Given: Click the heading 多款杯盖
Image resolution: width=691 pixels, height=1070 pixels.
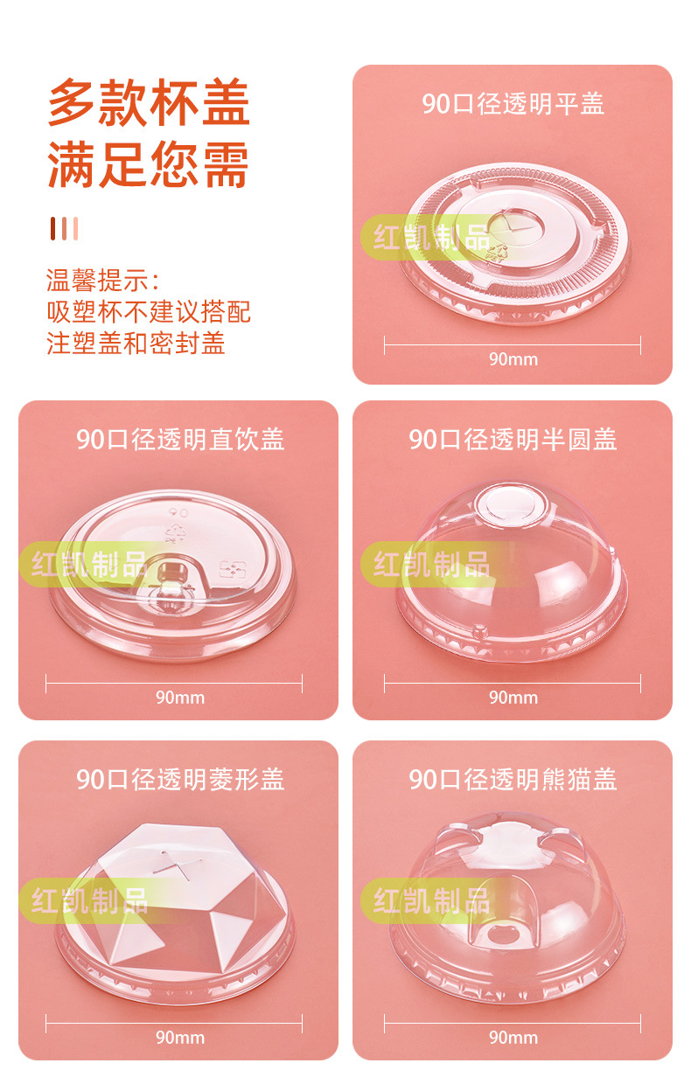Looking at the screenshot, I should click(149, 103).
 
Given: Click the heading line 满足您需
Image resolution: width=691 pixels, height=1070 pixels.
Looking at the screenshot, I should click(149, 164).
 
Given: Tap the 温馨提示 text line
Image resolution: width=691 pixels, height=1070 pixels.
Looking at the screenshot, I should click(103, 281).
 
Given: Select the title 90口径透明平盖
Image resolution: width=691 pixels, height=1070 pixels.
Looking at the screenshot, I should click(513, 104).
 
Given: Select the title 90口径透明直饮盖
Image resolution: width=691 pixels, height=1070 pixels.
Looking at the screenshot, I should click(179, 439).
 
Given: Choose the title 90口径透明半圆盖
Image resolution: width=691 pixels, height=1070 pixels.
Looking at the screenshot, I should click(513, 439).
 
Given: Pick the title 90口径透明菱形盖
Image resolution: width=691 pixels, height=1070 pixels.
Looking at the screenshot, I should click(179, 779).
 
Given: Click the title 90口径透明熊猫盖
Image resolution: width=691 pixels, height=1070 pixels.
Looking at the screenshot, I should click(513, 779).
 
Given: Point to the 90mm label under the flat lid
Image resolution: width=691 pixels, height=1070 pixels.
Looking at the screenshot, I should click(513, 359).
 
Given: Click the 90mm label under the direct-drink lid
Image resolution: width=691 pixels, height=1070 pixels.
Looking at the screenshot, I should click(179, 698).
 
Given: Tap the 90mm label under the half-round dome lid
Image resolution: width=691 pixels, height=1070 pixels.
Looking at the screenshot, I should click(513, 698).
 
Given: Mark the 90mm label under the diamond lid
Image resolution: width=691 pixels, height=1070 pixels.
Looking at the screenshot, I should click(179, 1038).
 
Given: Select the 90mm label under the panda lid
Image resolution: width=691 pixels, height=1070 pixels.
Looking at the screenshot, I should click(513, 1038).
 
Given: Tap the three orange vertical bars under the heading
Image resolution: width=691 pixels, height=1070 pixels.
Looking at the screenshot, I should click(64, 228).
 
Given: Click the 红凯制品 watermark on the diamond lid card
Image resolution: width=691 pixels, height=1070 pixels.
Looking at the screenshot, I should click(90, 900).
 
